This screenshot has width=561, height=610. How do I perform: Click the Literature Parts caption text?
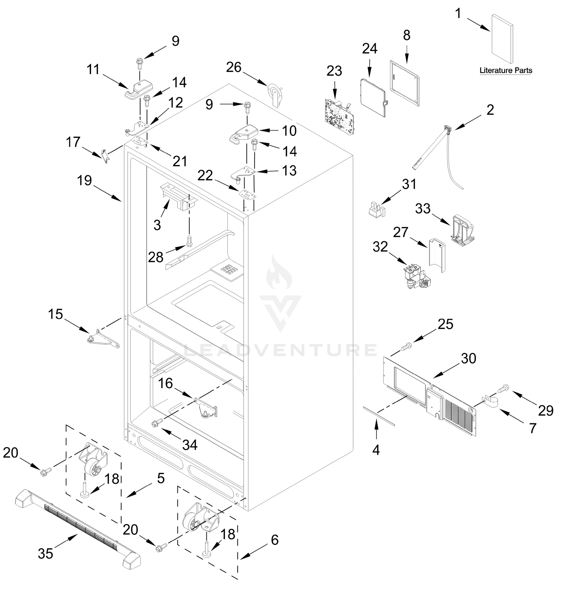coord(506,70)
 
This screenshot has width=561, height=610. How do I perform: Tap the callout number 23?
coord(334,71)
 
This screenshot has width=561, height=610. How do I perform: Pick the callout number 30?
coord(469,359)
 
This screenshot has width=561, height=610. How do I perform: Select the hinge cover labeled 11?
coord(138,90)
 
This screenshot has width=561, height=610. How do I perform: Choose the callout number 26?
coord(234,67)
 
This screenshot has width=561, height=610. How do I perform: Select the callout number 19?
coord(84,180)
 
